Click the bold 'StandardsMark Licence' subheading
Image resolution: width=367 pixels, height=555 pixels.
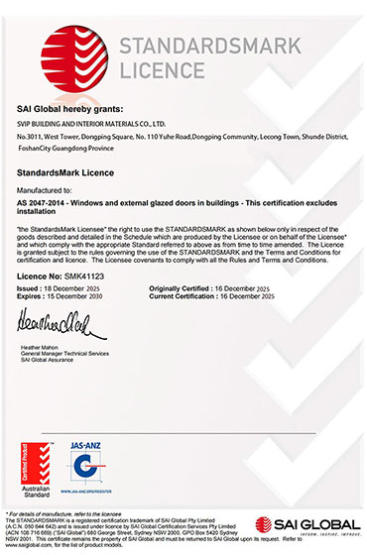pos(67,171)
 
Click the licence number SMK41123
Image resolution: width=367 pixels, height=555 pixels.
pos(86,276)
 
